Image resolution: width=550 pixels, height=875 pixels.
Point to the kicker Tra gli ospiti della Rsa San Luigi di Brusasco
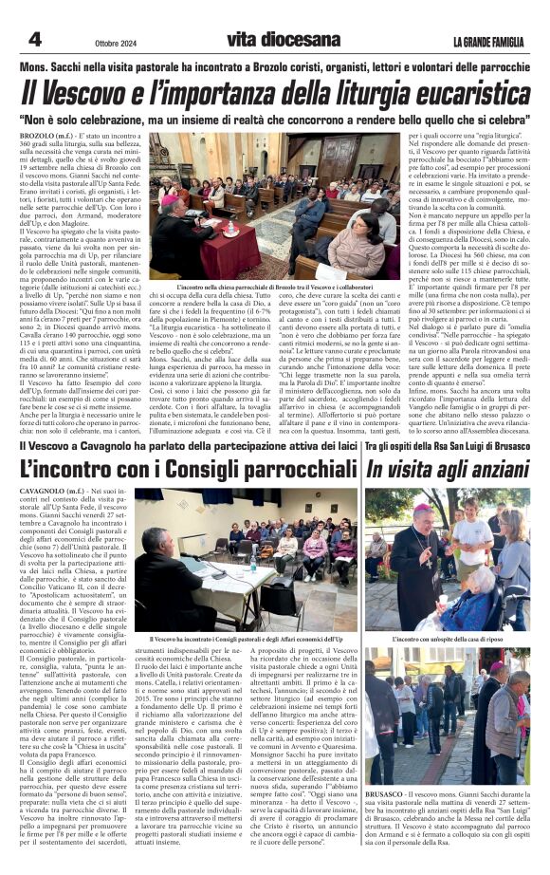[447, 445]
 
